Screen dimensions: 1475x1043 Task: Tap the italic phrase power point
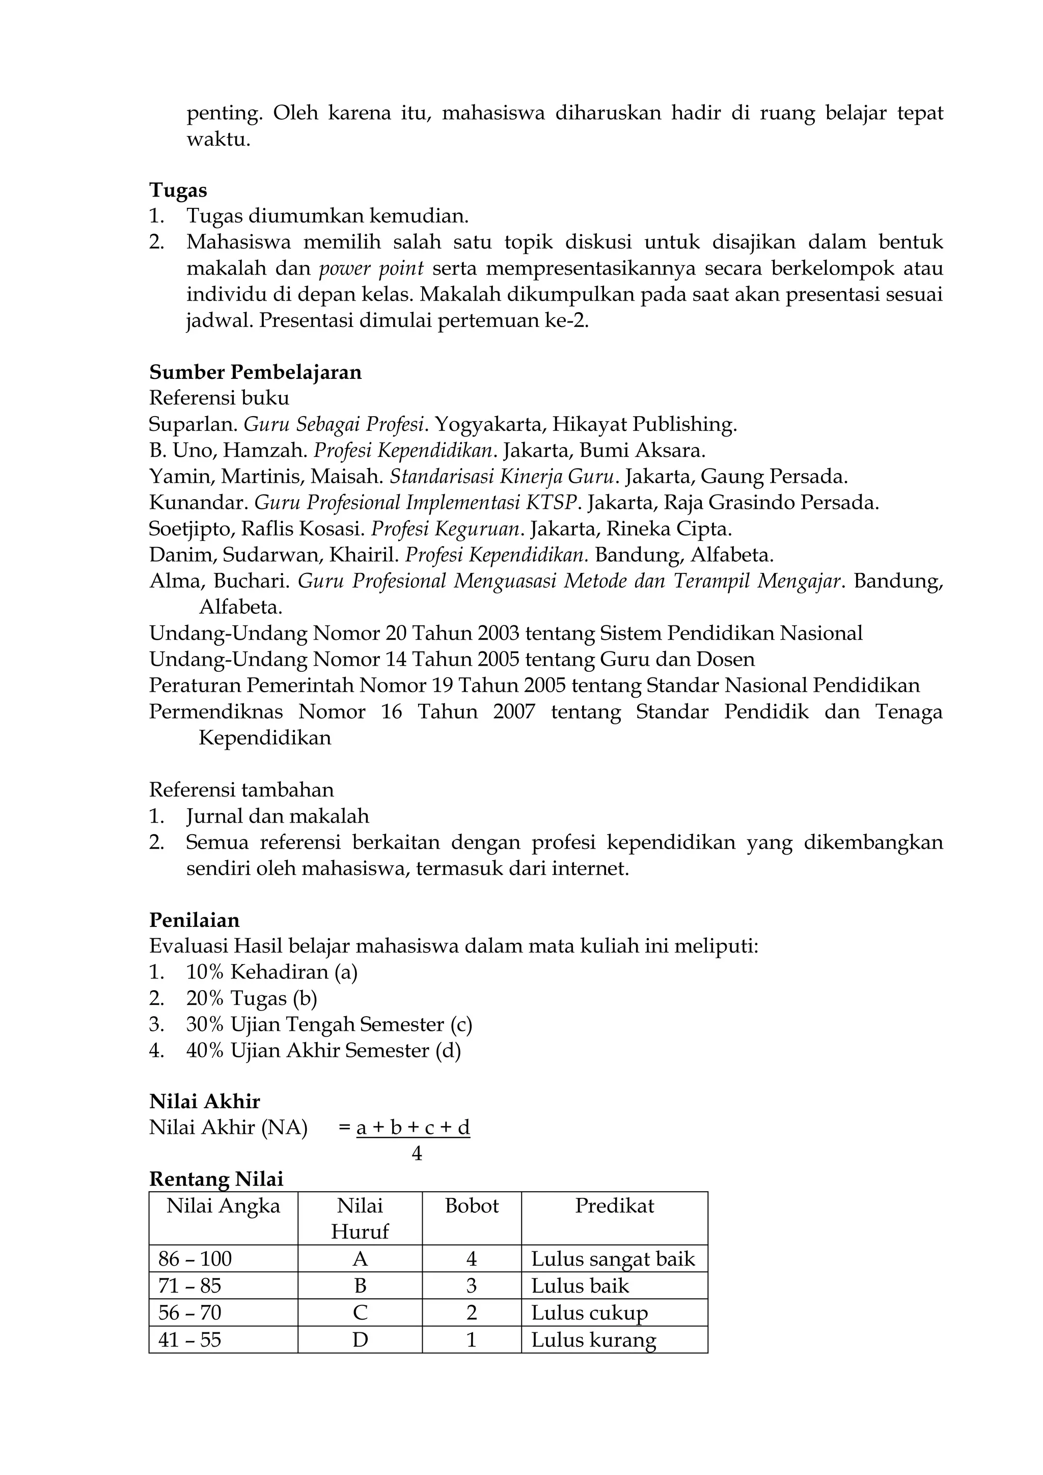[x=371, y=268]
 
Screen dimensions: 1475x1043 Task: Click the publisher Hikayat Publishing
[x=644, y=425]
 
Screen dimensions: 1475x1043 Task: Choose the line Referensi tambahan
[x=241, y=789]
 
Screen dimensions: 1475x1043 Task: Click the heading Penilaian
[x=194, y=920]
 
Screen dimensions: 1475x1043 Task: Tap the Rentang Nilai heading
[x=216, y=1180]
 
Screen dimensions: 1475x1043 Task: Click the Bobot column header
[x=472, y=1206]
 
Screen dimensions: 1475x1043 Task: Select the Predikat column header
[x=614, y=1206]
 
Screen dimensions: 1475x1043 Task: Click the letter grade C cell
[x=360, y=1313]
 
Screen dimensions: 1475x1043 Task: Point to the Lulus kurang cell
[x=593, y=1340]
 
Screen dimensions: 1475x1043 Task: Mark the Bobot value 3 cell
[x=472, y=1286]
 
